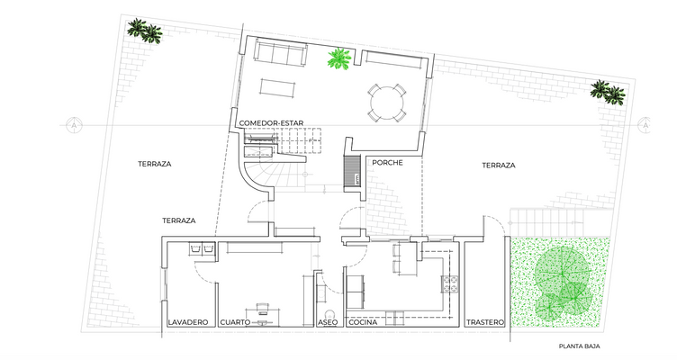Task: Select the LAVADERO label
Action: click(x=188, y=322)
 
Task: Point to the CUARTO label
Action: click(x=234, y=322)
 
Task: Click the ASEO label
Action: click(x=328, y=322)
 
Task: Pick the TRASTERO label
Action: click(x=485, y=322)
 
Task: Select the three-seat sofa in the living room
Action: click(x=277, y=53)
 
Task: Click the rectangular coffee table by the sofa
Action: click(x=277, y=87)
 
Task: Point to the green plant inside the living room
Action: click(x=339, y=60)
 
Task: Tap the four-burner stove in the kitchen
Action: click(x=448, y=285)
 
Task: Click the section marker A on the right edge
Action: click(x=645, y=126)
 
